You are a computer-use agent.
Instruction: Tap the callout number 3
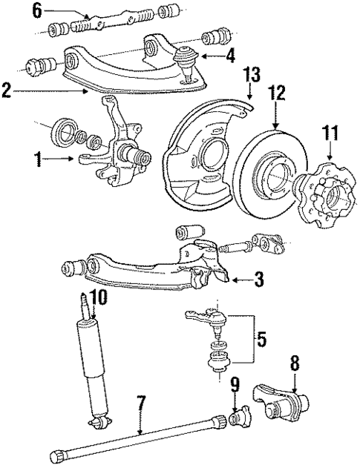pyautogui.click(x=258, y=280)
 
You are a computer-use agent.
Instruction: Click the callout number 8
pyautogui.click(x=295, y=365)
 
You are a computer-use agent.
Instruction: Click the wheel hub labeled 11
pyautogui.click(x=327, y=197)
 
